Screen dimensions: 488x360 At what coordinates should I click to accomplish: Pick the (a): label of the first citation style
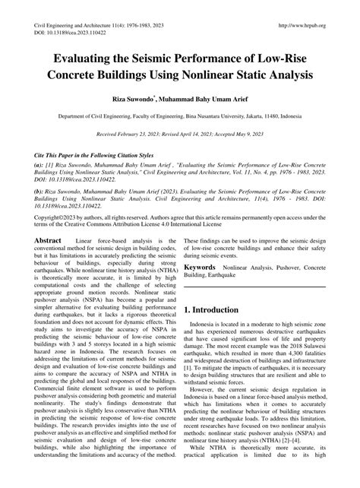tap(39, 163)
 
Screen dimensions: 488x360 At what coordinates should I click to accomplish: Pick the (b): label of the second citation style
tap(39, 194)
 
